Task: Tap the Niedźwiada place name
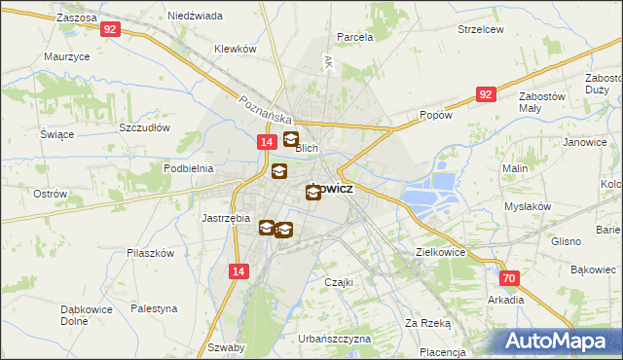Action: click(x=195, y=17)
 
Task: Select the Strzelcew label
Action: click(x=481, y=29)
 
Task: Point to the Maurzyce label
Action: click(x=67, y=56)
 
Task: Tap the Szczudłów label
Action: click(x=144, y=127)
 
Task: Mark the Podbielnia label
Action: click(x=189, y=167)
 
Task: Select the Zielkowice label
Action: click(x=440, y=251)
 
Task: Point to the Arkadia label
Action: click(x=507, y=300)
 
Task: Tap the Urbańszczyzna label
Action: click(x=335, y=339)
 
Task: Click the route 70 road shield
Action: click(x=511, y=277)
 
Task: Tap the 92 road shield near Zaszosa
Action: click(x=110, y=29)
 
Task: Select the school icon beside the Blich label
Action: click(x=290, y=140)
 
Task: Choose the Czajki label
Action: click(x=338, y=281)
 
